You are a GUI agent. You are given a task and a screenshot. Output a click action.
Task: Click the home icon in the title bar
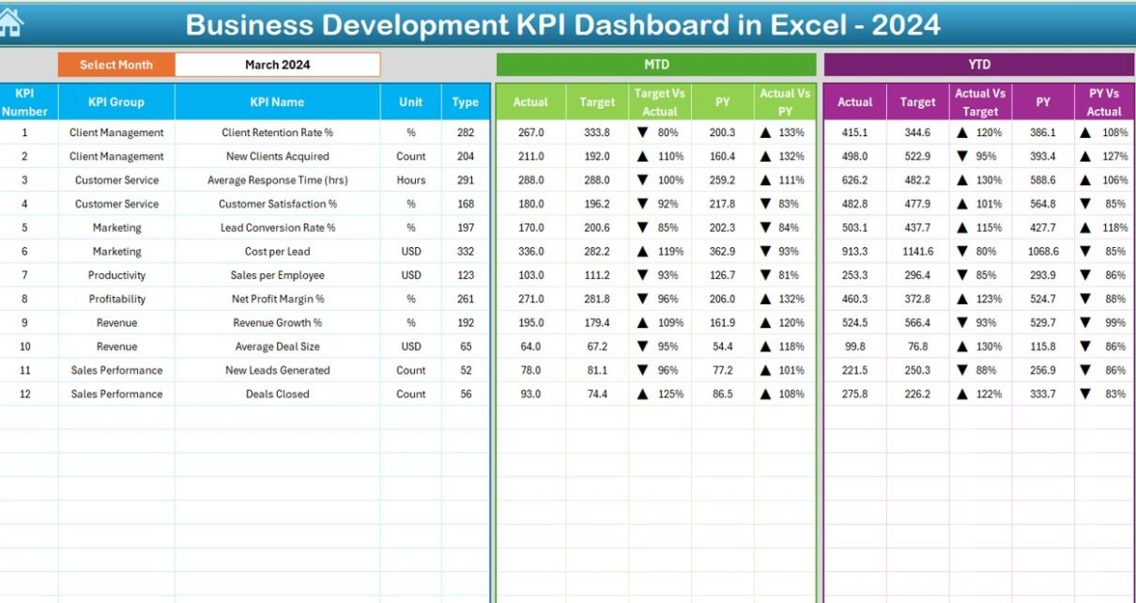click(x=11, y=23)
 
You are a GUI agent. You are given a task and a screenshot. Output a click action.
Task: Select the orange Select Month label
click(x=116, y=65)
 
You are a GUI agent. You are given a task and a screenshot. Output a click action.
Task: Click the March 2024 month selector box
click(x=278, y=65)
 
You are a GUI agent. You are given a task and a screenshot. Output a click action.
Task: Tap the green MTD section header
click(x=656, y=65)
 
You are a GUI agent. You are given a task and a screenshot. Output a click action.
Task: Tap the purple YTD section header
click(x=979, y=65)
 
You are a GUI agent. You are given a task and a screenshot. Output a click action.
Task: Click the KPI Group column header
click(x=116, y=102)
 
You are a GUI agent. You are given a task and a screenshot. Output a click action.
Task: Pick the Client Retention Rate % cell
click(x=278, y=132)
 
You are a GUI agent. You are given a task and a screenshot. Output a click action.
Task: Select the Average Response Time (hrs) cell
click(x=278, y=180)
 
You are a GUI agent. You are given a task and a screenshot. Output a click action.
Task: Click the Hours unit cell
click(x=411, y=180)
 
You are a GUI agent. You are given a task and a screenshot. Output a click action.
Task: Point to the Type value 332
click(x=466, y=251)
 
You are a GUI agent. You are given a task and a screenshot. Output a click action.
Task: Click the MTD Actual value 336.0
click(x=531, y=251)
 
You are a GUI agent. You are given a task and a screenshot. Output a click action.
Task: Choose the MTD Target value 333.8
click(x=597, y=132)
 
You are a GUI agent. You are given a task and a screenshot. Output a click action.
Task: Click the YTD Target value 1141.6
click(x=917, y=251)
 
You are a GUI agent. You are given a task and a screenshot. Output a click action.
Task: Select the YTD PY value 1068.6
click(x=1043, y=251)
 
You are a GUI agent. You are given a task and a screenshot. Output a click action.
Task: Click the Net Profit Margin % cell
click(x=278, y=299)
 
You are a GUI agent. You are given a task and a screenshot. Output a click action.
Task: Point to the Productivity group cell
click(x=116, y=275)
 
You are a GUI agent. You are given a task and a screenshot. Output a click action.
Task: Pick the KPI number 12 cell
click(x=25, y=394)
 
